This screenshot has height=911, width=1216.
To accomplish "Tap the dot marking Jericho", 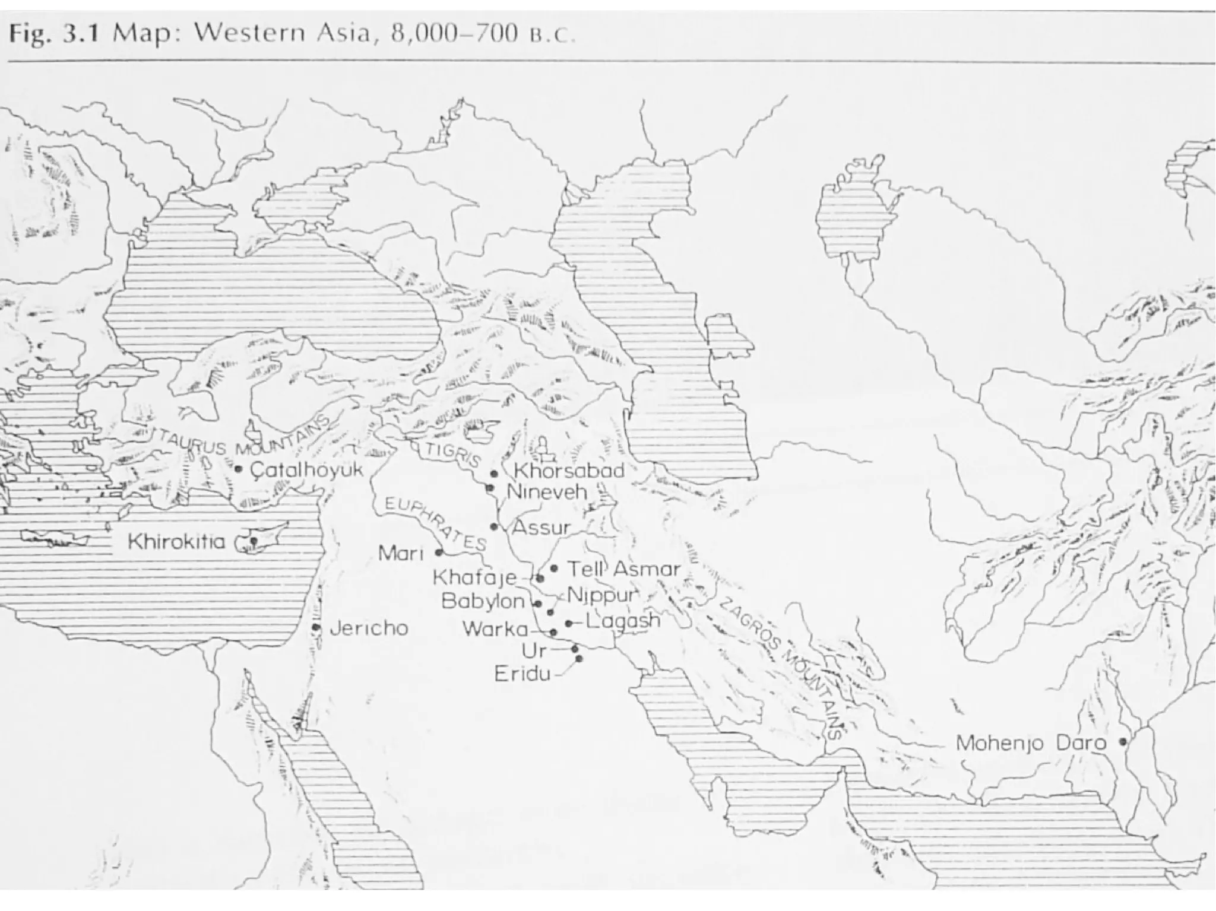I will (316, 627).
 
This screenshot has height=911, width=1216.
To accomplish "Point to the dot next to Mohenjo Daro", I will (1123, 741).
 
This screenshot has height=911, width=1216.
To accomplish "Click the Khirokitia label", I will (177, 542).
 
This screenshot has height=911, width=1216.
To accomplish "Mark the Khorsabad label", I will (569, 471).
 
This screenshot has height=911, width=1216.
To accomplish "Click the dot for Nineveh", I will (490, 488).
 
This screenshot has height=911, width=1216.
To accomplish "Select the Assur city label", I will (541, 527).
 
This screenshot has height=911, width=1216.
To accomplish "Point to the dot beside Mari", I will (439, 552).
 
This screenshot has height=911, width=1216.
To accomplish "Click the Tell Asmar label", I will (623, 569).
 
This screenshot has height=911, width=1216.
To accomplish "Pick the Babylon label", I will (483, 602).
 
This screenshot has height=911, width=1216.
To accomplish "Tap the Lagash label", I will (623, 621).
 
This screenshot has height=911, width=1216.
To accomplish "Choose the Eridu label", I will (522, 674).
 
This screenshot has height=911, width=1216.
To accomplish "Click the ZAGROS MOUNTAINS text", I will (784, 668).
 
